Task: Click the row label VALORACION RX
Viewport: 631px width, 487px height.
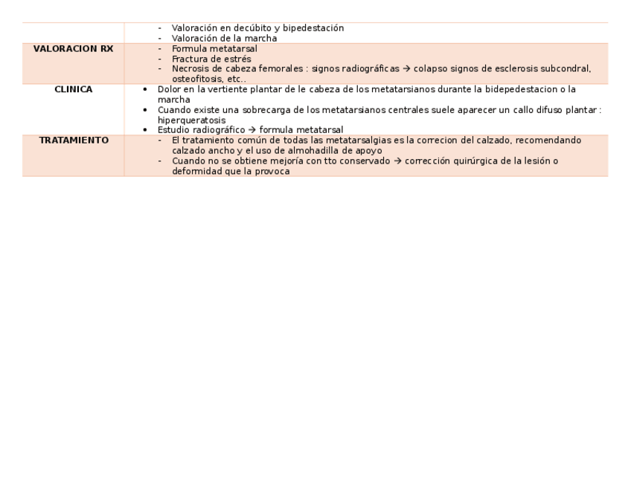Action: click(73, 49)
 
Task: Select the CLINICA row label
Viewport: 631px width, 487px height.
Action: click(73, 89)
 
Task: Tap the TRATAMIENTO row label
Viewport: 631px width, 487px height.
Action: click(73, 140)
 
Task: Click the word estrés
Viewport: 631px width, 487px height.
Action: click(237, 59)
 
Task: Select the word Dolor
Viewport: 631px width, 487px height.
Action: click(170, 89)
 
